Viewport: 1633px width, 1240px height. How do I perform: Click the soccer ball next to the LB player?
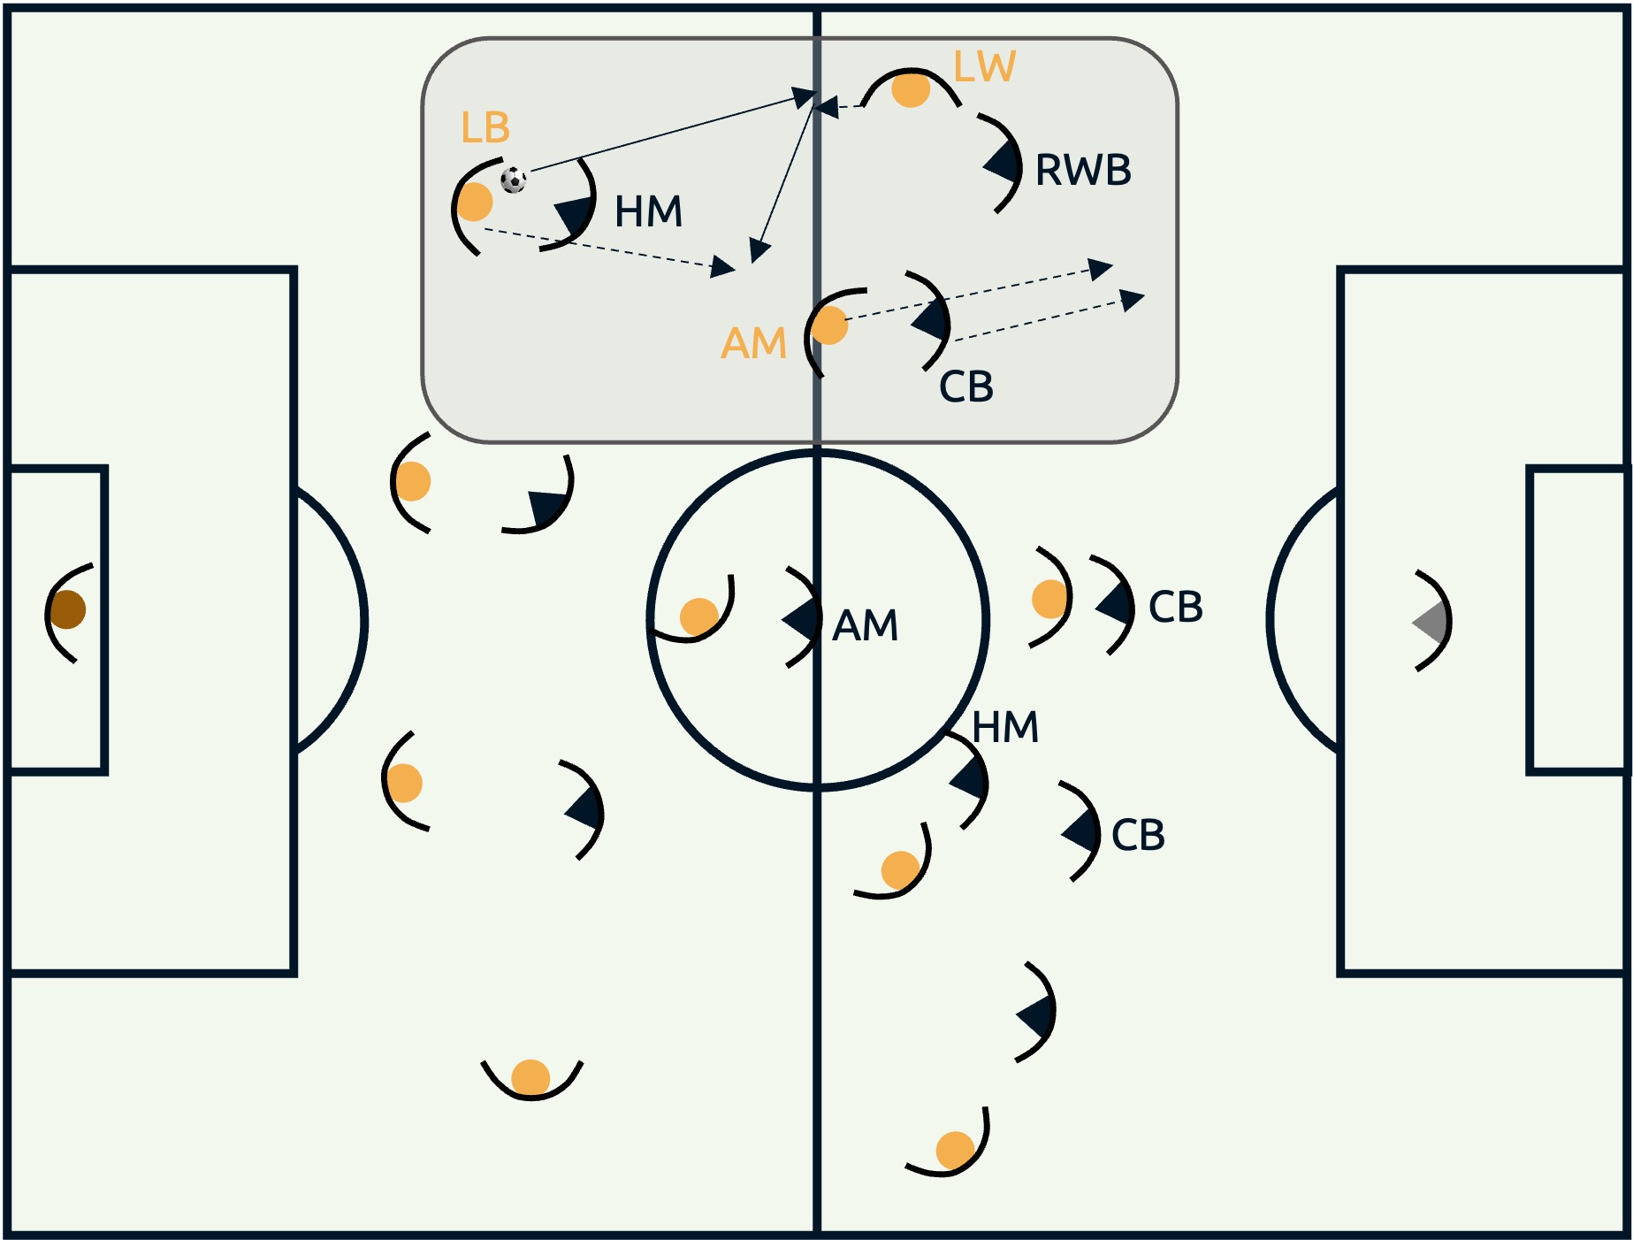point(513,180)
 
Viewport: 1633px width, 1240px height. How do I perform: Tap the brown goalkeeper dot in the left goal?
point(67,609)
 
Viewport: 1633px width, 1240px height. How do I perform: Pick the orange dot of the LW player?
point(911,89)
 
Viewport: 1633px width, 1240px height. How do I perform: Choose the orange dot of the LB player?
point(474,202)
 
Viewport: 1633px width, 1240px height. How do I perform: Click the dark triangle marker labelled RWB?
point(1003,163)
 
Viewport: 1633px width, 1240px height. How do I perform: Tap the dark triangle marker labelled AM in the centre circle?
point(802,619)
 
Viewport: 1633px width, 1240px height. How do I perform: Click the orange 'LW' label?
point(985,66)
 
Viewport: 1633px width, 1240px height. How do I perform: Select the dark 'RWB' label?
point(1083,170)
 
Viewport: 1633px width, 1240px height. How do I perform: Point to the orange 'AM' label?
point(753,343)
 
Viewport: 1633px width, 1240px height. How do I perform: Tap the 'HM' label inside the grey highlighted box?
point(649,211)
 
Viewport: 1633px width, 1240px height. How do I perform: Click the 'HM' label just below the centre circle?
point(1005,727)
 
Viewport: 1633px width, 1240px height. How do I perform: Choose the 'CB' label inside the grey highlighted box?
point(966,387)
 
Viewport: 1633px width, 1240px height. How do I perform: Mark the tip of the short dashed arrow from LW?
point(813,108)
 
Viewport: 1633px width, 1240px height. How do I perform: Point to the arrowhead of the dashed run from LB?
point(736,268)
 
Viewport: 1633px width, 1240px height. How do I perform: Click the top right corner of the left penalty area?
point(294,269)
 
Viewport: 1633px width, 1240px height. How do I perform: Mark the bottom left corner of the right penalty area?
point(1341,973)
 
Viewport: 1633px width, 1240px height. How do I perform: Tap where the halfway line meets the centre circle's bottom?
point(817,785)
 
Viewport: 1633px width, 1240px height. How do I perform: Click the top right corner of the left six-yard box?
point(104,468)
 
